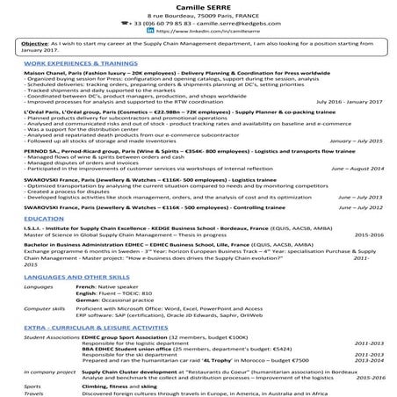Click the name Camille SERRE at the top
tap(198, 5)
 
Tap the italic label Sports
tap(32, 385)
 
